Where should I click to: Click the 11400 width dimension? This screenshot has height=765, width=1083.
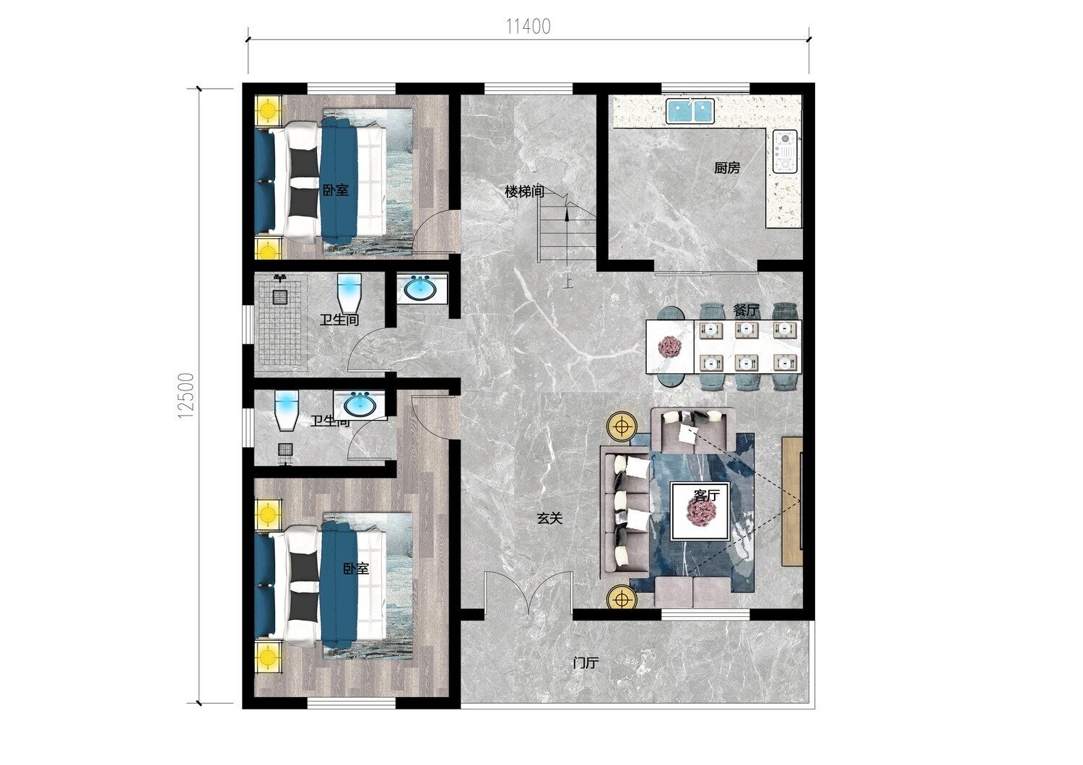529,27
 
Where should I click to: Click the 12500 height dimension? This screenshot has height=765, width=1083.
186,395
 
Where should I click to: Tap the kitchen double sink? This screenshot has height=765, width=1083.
690,110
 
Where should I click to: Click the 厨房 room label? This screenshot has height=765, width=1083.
726,168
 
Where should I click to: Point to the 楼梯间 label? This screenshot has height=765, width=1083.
525,192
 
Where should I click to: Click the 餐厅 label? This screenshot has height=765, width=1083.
746,310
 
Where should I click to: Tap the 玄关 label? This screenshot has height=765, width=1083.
549,518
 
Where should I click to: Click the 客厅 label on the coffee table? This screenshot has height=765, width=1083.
706,495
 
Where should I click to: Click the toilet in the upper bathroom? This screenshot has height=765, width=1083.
349,293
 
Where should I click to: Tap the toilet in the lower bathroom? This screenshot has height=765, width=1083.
287,410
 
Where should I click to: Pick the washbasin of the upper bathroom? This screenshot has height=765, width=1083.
420,289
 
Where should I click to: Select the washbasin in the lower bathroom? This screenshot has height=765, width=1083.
360,404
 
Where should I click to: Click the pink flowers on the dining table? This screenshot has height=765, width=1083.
669,346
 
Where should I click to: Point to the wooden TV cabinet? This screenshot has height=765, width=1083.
792,501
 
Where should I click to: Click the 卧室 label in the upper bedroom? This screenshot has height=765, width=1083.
336,190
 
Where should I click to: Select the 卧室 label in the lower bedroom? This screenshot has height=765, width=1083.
356,569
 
